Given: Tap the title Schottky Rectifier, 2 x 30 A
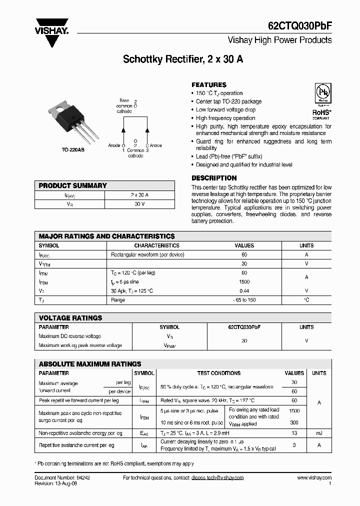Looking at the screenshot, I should click(x=183, y=58).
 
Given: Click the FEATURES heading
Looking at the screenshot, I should click(x=209, y=85).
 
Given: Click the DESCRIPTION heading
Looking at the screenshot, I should click(x=214, y=178).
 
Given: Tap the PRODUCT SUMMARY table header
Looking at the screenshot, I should click(x=73, y=185).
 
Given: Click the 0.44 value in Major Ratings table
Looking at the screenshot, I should click(x=244, y=291).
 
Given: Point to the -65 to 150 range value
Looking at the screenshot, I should click(x=244, y=300).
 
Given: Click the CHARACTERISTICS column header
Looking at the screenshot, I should click(x=156, y=245).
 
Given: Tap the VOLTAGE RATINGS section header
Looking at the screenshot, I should click(x=70, y=318).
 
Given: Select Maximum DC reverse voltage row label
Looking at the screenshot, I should click(x=69, y=336).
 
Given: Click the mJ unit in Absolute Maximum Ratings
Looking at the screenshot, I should click(x=319, y=433).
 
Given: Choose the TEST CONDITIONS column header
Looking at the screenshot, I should click(x=219, y=373).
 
